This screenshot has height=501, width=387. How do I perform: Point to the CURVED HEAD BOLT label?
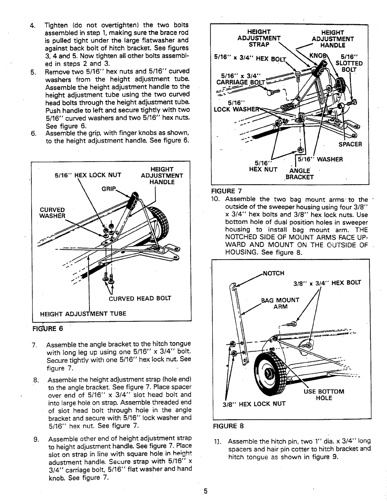pyautogui.click(x=140, y=298)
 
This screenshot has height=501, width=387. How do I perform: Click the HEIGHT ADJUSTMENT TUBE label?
pyautogui.click(x=83, y=314)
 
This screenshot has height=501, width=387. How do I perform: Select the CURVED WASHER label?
pyautogui.click(x=52, y=213)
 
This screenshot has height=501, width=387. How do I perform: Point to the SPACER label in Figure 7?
pyautogui.click(x=350, y=144)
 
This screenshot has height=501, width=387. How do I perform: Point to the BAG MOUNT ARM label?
pyautogui.click(x=280, y=303)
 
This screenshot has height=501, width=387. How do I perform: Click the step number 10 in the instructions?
pyautogui.click(x=220, y=200)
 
